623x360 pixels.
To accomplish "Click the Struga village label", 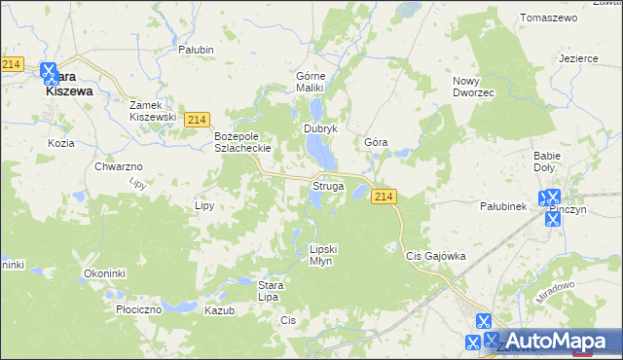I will pyautogui.click(x=327, y=185).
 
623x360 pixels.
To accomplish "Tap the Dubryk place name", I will pyautogui.click(x=320, y=128).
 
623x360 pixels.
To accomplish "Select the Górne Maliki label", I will pyautogui.click(x=315, y=82).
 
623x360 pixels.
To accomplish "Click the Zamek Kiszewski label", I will pyautogui.click(x=154, y=110).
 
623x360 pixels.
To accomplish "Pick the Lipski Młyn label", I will pyautogui.click(x=327, y=255).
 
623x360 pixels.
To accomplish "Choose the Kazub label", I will pyautogui.click(x=220, y=309).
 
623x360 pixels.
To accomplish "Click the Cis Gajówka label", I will pyautogui.click(x=435, y=256).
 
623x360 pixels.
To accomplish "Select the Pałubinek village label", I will pyautogui.click(x=503, y=206).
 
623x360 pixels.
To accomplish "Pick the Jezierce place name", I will pyautogui.click(x=578, y=58).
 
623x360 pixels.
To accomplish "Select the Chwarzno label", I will pyautogui.click(x=119, y=167).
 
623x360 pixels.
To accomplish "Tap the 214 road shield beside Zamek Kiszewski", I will pyautogui.click(x=196, y=119).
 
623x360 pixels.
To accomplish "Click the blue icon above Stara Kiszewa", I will pyautogui.click(x=51, y=71).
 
